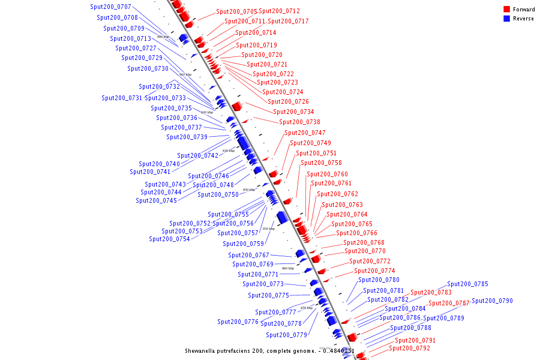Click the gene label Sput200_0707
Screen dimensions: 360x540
[x=110, y=7]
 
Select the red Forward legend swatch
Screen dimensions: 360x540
[x=506, y=10]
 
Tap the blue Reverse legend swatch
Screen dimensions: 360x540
[x=506, y=19]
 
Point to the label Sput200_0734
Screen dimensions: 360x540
[x=293, y=112]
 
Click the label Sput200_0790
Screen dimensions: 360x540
[x=492, y=301]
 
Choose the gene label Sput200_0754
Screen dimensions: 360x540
[x=169, y=239]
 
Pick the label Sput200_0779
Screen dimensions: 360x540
[x=286, y=335]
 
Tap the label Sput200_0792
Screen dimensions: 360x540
[x=409, y=348]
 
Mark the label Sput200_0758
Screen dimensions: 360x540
[x=321, y=163]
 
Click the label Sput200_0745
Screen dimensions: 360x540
[x=156, y=200]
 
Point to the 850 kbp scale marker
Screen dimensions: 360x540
[x=269, y=229]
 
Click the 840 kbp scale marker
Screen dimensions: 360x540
[x=249, y=190]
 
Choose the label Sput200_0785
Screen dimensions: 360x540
[x=467, y=284]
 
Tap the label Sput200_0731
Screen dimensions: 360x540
[x=122, y=98]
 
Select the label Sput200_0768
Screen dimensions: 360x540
[x=364, y=242]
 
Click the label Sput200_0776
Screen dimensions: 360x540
[x=238, y=322]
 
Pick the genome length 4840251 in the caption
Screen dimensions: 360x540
[x=342, y=351]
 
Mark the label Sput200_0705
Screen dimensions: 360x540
[x=236, y=11]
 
